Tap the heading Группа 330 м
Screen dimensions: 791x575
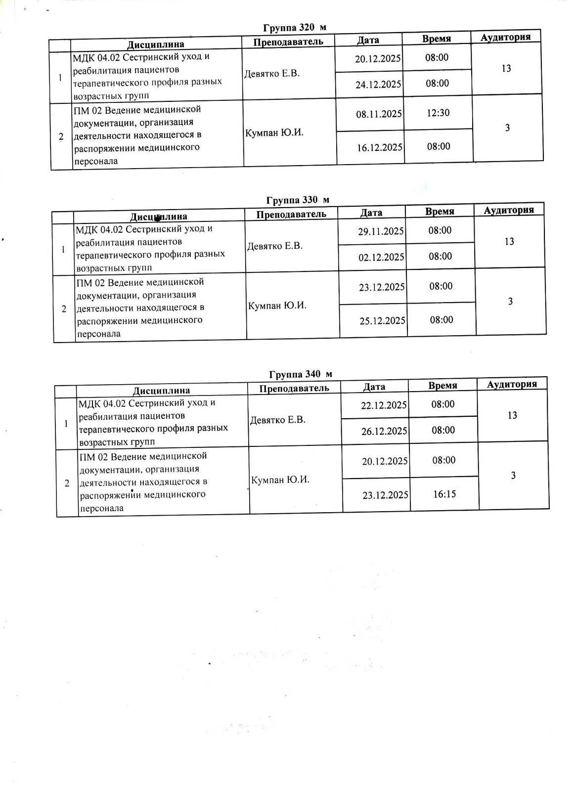(298, 200)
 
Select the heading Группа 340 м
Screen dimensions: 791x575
(301, 374)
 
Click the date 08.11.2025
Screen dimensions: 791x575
(379, 114)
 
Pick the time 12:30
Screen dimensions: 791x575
(438, 113)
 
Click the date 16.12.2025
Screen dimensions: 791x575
(379, 147)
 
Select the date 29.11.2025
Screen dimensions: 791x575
(381, 231)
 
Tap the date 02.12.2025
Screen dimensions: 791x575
(381, 257)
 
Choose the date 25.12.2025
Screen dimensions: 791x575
(382, 320)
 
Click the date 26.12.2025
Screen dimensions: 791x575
(384, 431)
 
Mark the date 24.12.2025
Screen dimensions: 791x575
(378, 84)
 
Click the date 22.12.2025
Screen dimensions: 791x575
(384, 405)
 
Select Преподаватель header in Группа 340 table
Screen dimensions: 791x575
(294, 388)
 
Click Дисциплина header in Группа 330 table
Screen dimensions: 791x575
(158, 217)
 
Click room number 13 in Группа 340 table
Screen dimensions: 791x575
(512, 415)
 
